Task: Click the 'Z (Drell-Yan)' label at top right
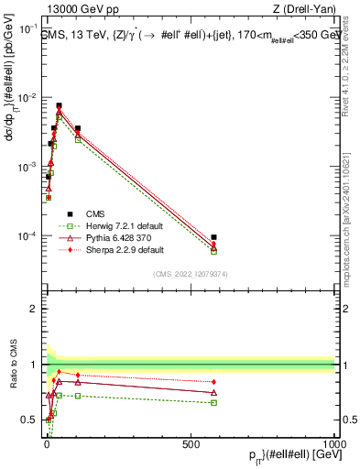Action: pyautogui.click(x=301, y=10)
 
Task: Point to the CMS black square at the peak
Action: pyautogui.click(x=60, y=105)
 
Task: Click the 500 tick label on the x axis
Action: pyautogui.click(x=191, y=443)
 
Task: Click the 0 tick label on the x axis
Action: pyautogui.click(x=46, y=443)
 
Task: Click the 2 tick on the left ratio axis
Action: pyautogui.click(x=32, y=309)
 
